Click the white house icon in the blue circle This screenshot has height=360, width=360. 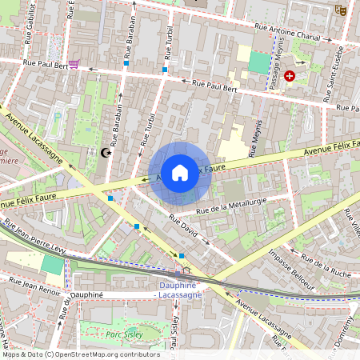180,172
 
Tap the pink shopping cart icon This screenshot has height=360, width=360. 74,65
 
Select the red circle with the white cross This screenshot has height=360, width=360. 290,76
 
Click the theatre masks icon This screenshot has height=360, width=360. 340,10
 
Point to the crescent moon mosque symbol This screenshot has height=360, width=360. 104,152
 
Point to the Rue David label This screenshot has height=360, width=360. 182,226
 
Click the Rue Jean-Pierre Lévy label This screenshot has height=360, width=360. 34,238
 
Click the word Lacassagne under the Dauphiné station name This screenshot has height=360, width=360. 178,295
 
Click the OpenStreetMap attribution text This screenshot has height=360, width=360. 80,354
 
